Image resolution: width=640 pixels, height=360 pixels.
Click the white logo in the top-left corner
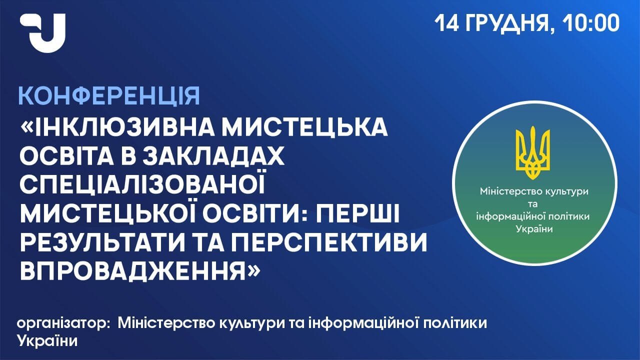(x=43, y=33)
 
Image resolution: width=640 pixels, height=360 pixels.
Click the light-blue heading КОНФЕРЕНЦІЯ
(x=109, y=96)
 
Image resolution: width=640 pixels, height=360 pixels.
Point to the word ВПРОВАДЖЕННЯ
(x=133, y=271)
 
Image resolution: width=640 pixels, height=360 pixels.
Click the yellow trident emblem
(x=532, y=153)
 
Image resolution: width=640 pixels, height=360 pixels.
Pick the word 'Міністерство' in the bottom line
(x=166, y=323)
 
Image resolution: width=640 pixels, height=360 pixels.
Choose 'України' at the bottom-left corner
(x=47, y=341)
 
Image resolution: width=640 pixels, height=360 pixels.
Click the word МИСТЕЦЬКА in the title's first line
(x=305, y=127)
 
